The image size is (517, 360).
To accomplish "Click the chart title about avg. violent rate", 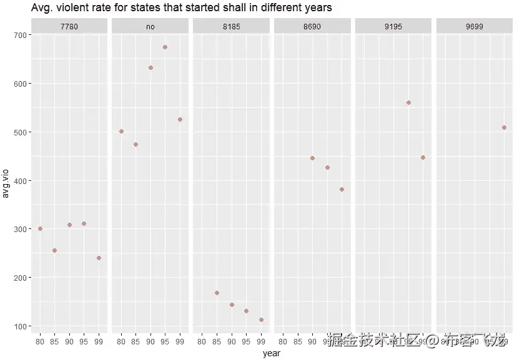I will [x=181, y=8].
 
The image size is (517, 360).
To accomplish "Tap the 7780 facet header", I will [x=69, y=27].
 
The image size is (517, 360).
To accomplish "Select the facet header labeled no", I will [x=150, y=27].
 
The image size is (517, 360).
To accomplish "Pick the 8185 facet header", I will [x=231, y=27].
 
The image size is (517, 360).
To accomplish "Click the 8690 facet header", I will [x=312, y=27].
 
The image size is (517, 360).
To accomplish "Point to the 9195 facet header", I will [x=393, y=27].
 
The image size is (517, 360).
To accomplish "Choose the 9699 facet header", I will [x=475, y=27].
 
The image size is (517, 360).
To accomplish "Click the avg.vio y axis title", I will [x=6, y=181].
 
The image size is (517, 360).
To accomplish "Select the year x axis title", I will [x=272, y=354].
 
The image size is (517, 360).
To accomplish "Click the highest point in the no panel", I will [x=165, y=47].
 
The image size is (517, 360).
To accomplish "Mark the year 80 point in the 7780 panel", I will [x=40, y=228].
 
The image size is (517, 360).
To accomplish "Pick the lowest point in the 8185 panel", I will [x=261, y=319].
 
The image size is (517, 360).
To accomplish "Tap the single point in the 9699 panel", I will [x=504, y=127].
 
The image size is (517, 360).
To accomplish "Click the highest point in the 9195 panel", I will [x=408, y=102].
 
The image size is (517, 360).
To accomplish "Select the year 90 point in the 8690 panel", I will [x=312, y=158].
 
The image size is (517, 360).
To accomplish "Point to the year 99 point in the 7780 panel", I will [x=99, y=258].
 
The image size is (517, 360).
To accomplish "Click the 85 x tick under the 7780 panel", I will [x=54, y=341].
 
